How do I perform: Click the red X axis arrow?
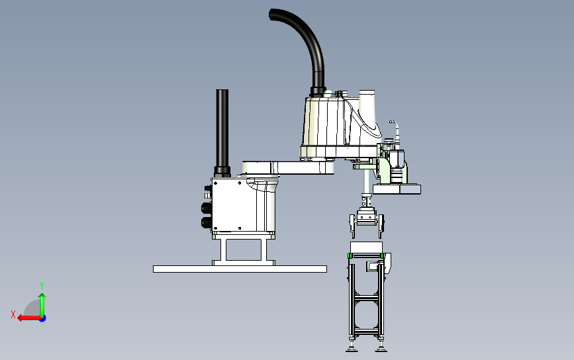click(x=29, y=318)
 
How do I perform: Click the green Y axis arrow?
click(x=42, y=305)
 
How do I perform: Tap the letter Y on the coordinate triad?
click(x=42, y=285)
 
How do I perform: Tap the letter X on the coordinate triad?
click(x=13, y=314)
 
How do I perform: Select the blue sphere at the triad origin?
click(x=43, y=319)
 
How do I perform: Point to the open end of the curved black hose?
click(x=271, y=15)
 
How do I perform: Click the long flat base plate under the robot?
click(x=240, y=269)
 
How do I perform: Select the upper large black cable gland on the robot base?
click(x=207, y=208)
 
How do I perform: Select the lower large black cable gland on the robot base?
click(x=207, y=222)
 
